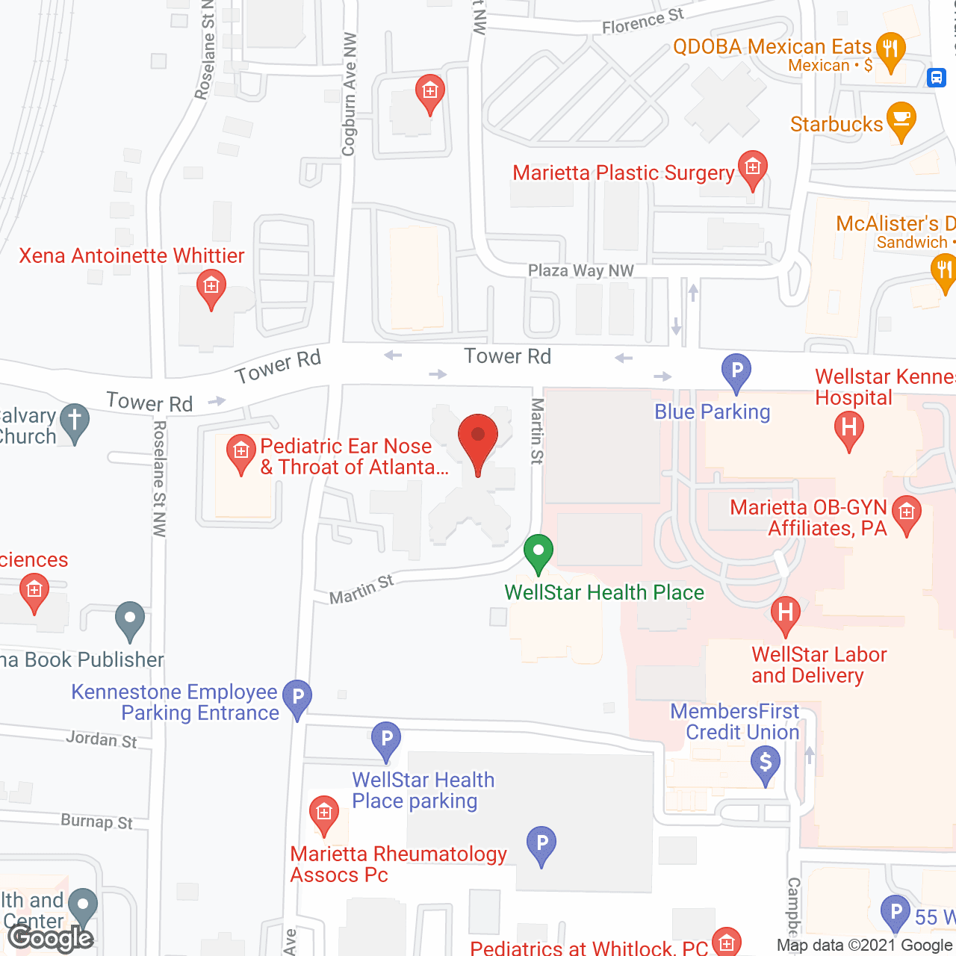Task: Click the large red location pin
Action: pos(477,439)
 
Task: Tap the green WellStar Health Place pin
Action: pos(538,553)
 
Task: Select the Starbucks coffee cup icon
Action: pos(901,120)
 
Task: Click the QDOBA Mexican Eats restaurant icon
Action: pos(890,51)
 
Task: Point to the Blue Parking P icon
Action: pos(736,370)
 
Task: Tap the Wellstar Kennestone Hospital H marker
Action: pos(848,430)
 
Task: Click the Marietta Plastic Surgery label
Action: pos(623,173)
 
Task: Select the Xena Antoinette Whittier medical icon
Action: pos(211,287)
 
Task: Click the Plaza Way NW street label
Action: pos(580,270)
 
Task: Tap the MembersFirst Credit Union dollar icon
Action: pos(766,764)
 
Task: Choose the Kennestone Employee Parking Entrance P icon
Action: pos(297,698)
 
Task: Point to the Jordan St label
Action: pos(102,739)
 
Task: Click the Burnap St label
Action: pos(96,822)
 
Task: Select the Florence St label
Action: pos(643,22)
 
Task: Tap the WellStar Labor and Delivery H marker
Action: pos(785,614)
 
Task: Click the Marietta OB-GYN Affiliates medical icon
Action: pos(907,513)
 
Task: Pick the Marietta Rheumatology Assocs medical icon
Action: pos(323,812)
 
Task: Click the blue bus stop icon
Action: pos(937,77)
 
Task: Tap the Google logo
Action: pos(51,938)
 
